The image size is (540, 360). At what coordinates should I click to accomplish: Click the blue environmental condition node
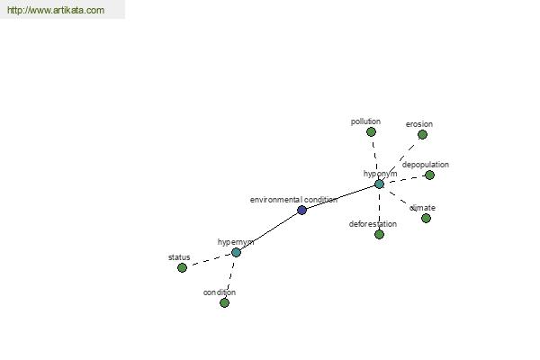coord(301,210)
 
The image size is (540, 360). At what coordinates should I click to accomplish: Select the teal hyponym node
coord(379,184)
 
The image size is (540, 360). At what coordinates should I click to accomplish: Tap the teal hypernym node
coord(236,253)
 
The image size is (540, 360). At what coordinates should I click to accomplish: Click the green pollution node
coord(371,131)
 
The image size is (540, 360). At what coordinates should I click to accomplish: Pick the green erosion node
coord(423,134)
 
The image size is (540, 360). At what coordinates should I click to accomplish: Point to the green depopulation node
coord(429,175)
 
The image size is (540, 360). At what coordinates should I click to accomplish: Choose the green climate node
coord(426,218)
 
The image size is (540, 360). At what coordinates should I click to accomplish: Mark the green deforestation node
coord(379,235)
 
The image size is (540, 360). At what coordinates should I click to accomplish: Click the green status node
coord(182,267)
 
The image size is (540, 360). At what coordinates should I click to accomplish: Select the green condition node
coord(224,302)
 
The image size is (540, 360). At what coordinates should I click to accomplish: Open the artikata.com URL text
coord(56,10)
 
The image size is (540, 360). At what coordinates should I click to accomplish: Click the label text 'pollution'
coord(365,121)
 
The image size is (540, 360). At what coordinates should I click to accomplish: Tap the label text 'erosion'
coord(419,124)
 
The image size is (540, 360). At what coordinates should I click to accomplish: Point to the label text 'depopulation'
coord(426,165)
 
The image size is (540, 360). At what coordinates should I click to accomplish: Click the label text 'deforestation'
coord(373,224)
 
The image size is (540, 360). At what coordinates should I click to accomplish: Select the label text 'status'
coord(179,257)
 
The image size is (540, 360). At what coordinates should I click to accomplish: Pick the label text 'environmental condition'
coord(293,200)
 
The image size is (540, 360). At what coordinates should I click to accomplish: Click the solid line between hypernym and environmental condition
coord(269,231)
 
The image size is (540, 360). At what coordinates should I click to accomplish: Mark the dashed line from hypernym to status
coord(209,260)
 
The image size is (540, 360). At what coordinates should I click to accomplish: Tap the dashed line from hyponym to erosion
coord(400,159)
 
